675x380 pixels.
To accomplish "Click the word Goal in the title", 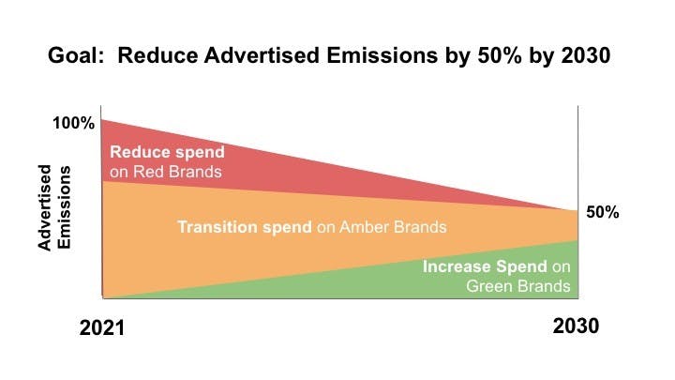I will tap(73, 56).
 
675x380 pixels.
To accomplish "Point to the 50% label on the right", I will tap(603, 212).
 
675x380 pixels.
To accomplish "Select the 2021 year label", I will tap(102, 329).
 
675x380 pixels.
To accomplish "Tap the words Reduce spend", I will tap(168, 153).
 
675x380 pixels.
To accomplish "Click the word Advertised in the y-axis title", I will tap(44, 208).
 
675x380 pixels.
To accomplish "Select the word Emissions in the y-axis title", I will tap(65, 208).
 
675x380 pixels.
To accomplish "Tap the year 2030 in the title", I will tap(582, 56).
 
